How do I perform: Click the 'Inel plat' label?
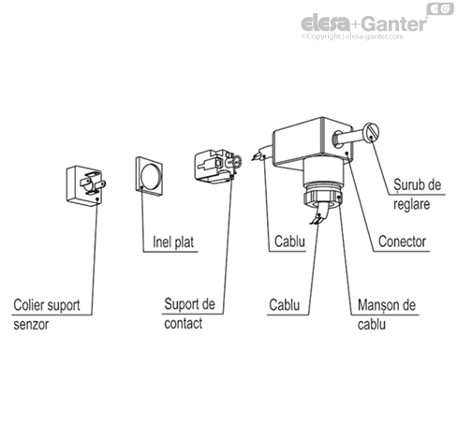point(173,242)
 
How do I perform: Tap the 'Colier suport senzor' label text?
point(47,315)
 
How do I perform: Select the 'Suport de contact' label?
point(189,314)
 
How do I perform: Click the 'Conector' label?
point(402,242)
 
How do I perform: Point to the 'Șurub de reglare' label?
point(417,194)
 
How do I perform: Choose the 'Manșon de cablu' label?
point(387,315)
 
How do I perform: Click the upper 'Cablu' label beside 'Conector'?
point(289,242)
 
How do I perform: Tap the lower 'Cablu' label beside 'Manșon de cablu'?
point(285,305)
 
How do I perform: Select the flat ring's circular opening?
point(152,176)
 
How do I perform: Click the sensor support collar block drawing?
point(86,185)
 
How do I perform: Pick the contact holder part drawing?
point(217,166)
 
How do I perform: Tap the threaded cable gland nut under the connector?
point(322,197)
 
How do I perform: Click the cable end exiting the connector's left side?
point(260,154)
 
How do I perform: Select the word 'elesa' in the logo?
point(326,23)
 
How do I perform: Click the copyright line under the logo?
point(352,37)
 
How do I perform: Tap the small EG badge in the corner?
point(440,9)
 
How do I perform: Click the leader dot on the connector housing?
point(346,153)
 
